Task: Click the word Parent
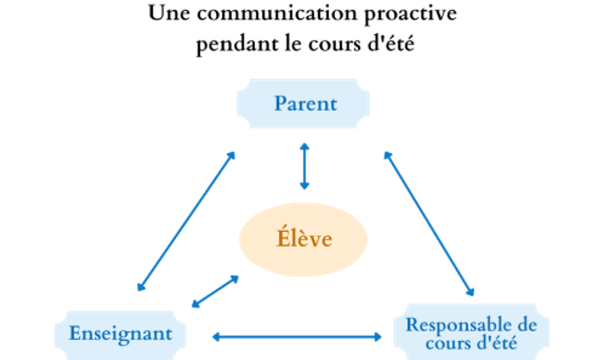pyautogui.click(x=305, y=103)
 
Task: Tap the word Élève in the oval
pyautogui.click(x=304, y=239)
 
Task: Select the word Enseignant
pyautogui.click(x=120, y=333)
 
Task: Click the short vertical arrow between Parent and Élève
pyautogui.click(x=304, y=166)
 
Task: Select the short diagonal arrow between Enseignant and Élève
pyautogui.click(x=215, y=292)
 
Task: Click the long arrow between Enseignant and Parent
pyautogui.click(x=186, y=221)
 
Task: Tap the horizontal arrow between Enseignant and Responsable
pyautogui.click(x=297, y=337)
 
